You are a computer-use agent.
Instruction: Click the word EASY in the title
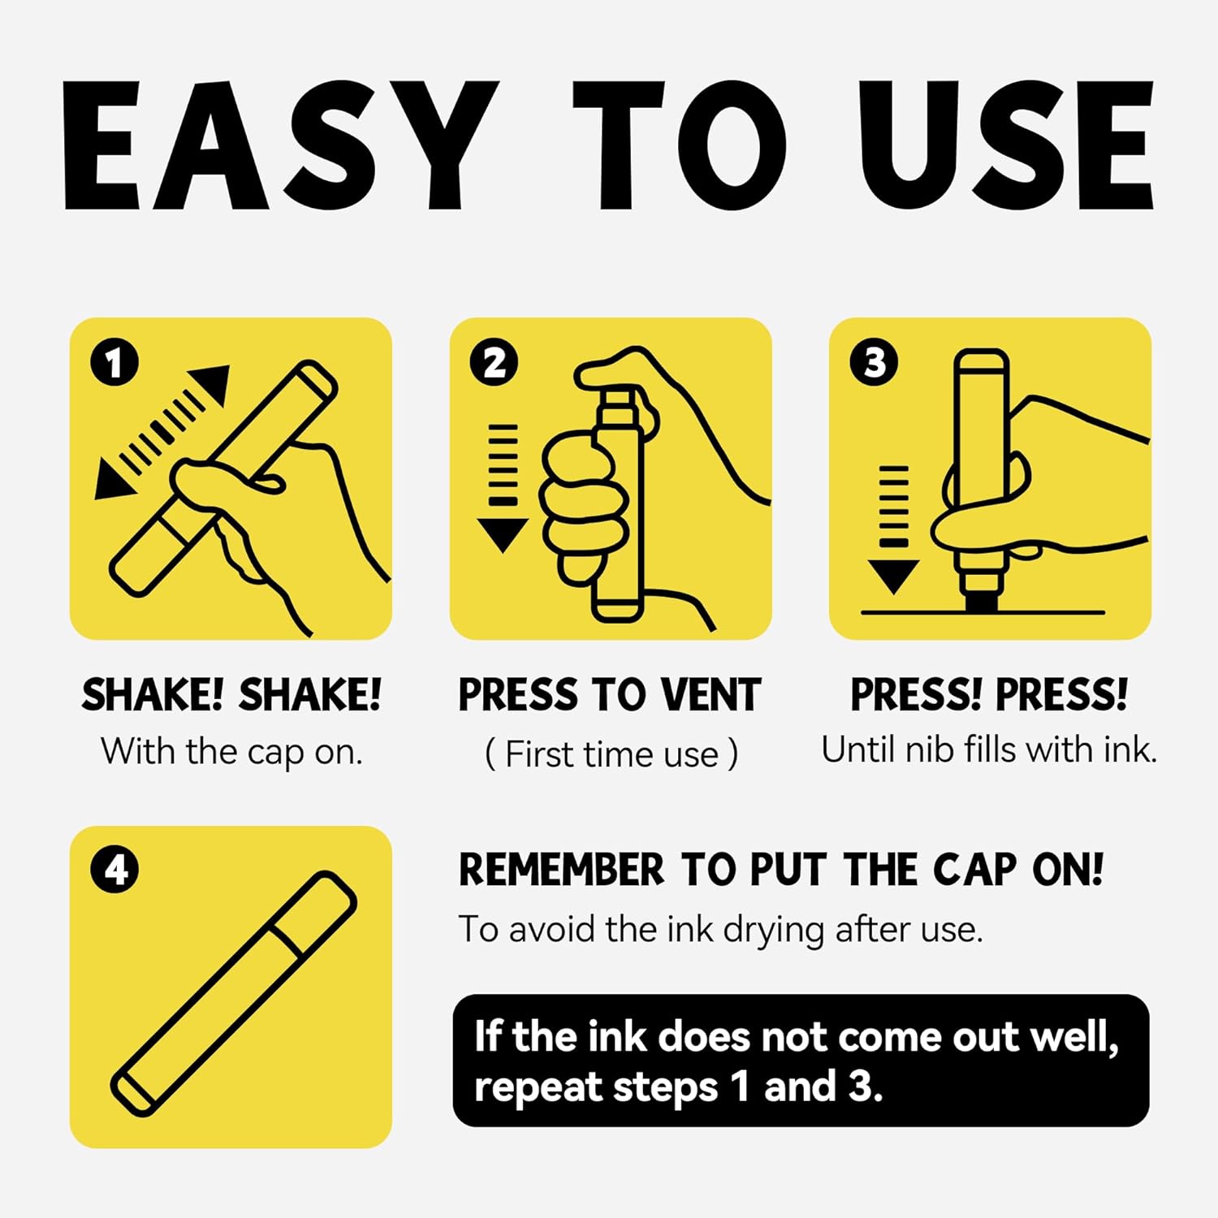coord(280,145)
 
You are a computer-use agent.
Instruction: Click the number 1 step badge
coord(114,362)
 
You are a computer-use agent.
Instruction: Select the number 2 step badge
coord(495,362)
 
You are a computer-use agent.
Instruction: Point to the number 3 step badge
coord(874,362)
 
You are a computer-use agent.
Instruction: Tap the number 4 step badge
coord(114,870)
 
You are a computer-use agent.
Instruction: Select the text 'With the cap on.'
coord(231,752)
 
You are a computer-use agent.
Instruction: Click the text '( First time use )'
coord(611,754)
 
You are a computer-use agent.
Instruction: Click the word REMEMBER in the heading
coord(561,870)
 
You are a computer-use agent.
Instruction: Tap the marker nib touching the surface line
coord(981,598)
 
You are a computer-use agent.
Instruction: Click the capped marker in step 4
coord(234,993)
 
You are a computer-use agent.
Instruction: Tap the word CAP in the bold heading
coord(974,870)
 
